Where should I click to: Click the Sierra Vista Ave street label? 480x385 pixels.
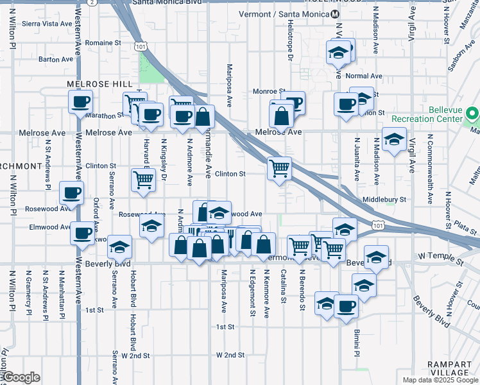[47, 23]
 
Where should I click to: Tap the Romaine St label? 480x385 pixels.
[103, 43]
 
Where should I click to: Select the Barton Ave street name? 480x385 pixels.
[56, 59]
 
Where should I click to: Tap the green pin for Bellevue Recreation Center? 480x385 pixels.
[473, 115]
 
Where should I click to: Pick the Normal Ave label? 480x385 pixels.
[364, 76]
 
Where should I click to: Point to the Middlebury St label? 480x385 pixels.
[384, 200]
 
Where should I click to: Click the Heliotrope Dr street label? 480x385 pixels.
[290, 47]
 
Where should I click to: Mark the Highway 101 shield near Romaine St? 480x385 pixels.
[142, 46]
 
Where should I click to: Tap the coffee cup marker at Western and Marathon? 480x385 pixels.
[81, 102]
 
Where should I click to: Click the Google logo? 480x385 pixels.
[22, 377]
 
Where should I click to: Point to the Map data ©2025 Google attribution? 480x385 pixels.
[440, 380]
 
